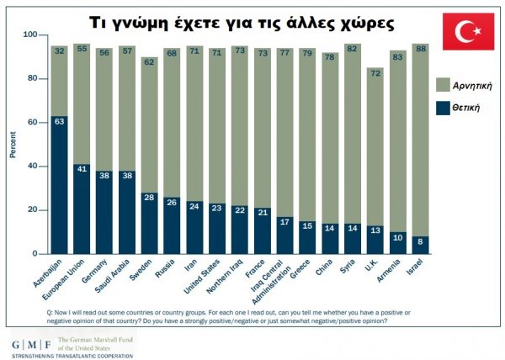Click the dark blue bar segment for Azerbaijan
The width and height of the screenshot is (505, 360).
click(x=59, y=185)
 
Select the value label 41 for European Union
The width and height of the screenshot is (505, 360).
click(x=82, y=169)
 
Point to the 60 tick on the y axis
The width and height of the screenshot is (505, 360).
click(x=32, y=123)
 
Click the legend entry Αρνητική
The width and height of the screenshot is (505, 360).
click(x=471, y=86)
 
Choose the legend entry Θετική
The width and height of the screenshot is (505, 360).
click(x=471, y=107)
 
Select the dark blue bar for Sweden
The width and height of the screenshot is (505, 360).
click(x=150, y=223)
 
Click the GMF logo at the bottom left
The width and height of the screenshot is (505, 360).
click(x=29, y=346)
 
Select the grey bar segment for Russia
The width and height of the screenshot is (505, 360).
click(x=173, y=126)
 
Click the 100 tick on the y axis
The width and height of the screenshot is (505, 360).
click(x=30, y=35)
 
